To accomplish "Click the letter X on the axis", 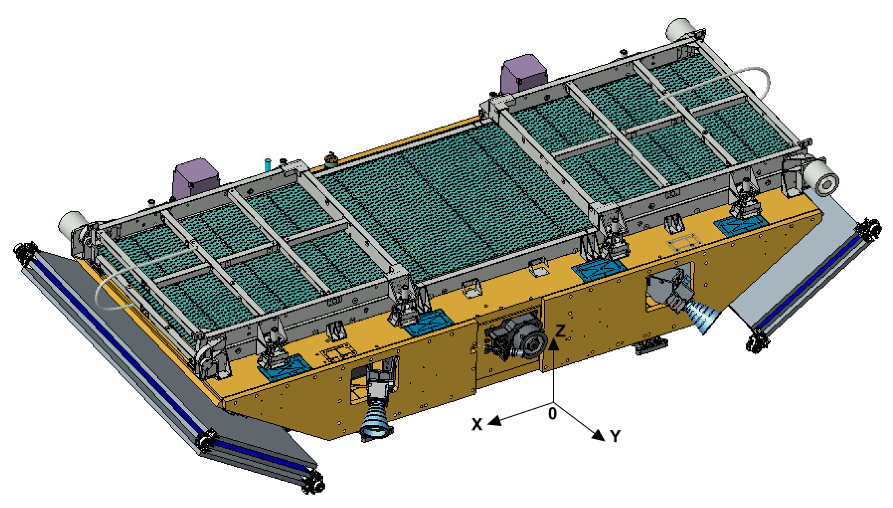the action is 477,424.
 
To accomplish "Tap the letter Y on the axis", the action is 615,436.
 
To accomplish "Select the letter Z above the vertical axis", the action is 560,331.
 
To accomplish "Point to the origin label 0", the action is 552,413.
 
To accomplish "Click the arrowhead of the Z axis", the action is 553,344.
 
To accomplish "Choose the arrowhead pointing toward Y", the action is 598,435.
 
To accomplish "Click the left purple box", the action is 196,179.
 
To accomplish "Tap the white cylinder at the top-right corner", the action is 681,29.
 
